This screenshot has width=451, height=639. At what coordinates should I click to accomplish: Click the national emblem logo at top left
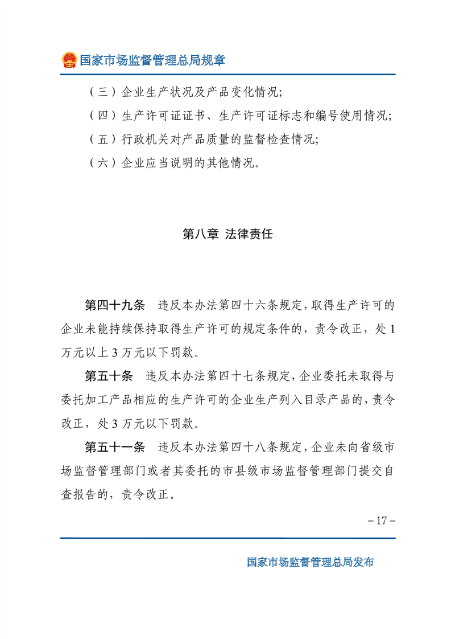click(69, 60)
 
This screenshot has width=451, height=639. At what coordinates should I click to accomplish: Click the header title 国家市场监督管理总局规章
click(152, 60)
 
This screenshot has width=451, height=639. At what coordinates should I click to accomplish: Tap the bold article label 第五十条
click(108, 376)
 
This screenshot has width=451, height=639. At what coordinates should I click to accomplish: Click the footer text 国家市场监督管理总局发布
click(311, 562)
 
